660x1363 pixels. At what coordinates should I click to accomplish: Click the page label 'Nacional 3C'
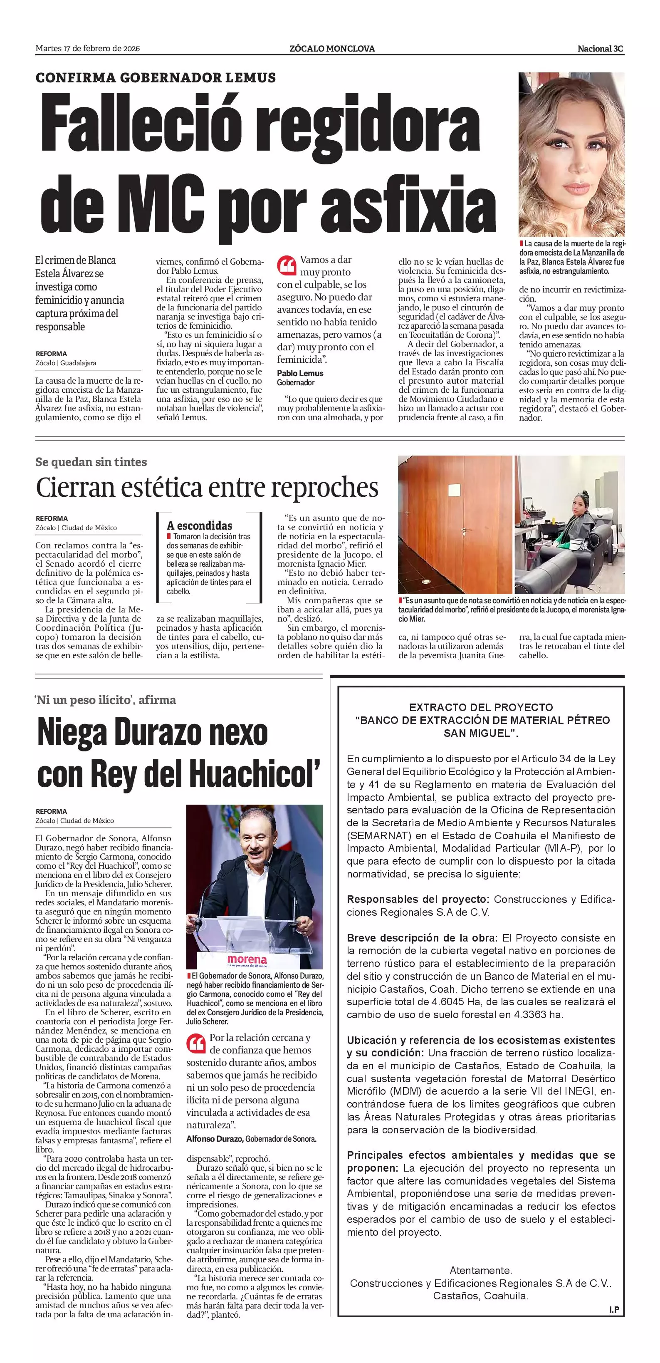(600, 49)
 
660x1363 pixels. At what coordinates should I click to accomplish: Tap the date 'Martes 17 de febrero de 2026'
(88, 49)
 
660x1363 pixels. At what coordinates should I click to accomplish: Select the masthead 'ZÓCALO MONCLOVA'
(332, 49)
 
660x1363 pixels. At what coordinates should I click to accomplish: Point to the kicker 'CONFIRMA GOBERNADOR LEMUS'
(156, 78)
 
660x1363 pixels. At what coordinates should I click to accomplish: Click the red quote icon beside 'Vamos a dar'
(286, 265)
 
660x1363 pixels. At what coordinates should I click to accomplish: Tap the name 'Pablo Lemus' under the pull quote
(300, 373)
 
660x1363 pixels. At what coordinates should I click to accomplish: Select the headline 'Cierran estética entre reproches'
(207, 487)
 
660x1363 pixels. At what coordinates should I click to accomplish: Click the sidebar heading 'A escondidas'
(199, 525)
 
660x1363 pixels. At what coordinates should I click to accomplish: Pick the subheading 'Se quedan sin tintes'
(91, 462)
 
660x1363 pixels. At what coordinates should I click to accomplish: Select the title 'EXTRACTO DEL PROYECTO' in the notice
(481, 707)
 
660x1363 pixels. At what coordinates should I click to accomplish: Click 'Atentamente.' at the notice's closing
(480, 1270)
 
